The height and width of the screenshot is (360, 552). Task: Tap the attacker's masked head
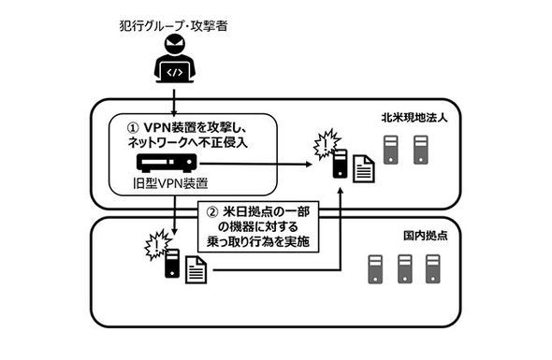175,48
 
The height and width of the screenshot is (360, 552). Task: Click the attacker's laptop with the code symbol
175,71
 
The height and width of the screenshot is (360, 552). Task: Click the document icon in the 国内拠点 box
196,272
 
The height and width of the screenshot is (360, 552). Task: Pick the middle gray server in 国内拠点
404,269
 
